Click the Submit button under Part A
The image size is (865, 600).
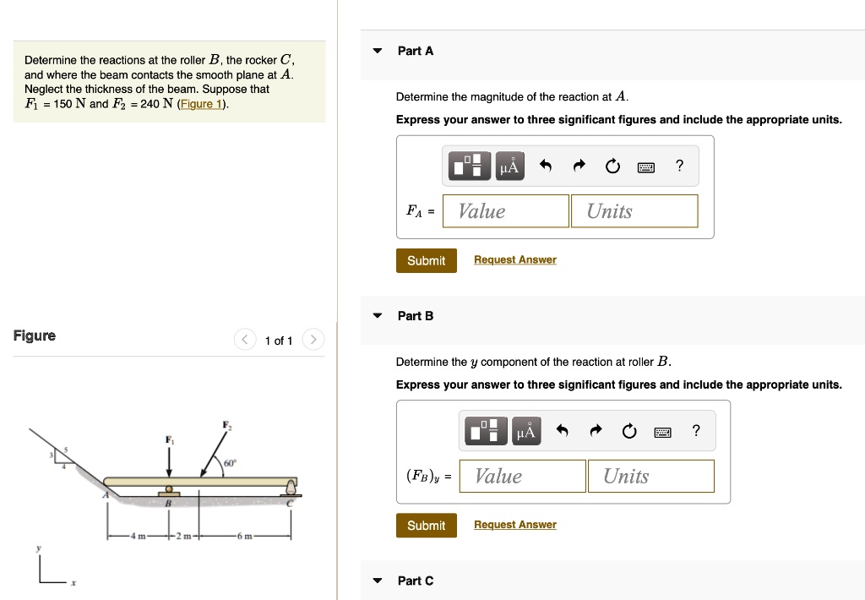point(426,260)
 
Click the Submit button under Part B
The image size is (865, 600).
point(426,526)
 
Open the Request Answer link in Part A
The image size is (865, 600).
point(514,260)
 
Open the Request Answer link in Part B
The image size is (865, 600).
point(514,526)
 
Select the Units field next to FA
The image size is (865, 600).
point(634,211)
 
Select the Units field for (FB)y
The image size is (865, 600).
point(650,476)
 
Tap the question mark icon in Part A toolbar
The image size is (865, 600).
point(679,166)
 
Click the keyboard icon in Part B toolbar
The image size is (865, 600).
point(662,433)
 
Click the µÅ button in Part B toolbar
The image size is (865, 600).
point(525,433)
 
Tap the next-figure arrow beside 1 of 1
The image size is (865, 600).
point(313,341)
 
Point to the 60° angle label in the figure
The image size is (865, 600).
point(230,463)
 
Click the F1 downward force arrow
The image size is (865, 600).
point(169,461)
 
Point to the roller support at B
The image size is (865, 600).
point(169,490)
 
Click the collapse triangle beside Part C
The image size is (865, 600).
point(378,581)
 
